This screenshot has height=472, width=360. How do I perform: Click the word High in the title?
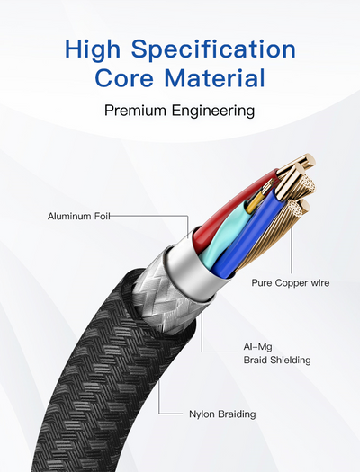tap(92, 50)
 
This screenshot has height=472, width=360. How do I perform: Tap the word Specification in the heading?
tap(213, 50)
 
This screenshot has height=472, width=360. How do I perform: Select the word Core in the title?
tap(124, 78)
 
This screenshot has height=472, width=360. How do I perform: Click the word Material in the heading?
tap(215, 78)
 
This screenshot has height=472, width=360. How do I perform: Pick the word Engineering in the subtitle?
tap(213, 111)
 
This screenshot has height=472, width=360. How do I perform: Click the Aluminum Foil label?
tap(79, 216)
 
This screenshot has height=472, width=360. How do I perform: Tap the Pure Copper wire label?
tap(291, 283)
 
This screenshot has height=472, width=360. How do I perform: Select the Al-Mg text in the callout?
tap(258, 347)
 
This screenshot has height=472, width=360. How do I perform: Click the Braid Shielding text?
tap(277, 360)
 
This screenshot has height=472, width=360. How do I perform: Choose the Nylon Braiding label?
tap(222, 414)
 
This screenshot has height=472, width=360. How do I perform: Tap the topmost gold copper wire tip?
tap(308, 161)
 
